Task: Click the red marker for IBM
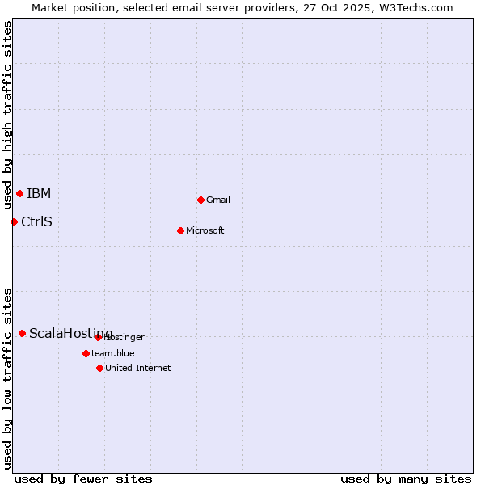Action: tap(19, 193)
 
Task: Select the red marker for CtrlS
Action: tap(14, 221)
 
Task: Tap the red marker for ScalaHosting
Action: tap(22, 333)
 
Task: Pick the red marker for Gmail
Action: tap(200, 200)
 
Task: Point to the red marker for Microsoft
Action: tap(180, 230)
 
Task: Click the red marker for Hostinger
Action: tap(98, 337)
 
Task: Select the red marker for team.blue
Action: tap(86, 353)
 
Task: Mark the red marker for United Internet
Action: tap(99, 368)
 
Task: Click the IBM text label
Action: tap(39, 193)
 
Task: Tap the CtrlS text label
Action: tap(36, 221)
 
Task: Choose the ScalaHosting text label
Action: tap(71, 333)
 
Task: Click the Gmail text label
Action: tap(218, 200)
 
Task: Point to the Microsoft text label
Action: tap(205, 230)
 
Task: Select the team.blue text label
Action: tap(113, 353)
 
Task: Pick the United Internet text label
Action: tap(138, 368)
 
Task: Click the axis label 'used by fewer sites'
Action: tap(83, 479)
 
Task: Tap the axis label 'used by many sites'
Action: tap(406, 479)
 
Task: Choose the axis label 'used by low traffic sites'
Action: tap(8, 377)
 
